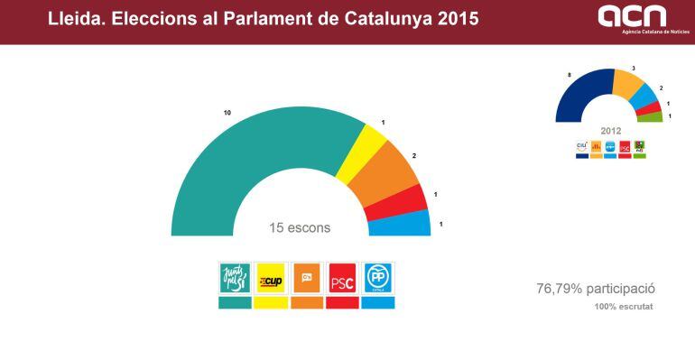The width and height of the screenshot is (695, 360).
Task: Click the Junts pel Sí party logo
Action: tap(235, 278)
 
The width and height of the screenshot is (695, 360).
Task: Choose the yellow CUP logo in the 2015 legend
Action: tap(271, 278)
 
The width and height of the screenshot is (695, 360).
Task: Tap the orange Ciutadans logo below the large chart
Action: tap(307, 278)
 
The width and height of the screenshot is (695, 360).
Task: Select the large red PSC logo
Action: tap(342, 278)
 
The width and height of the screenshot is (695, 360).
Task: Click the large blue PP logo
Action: tap(377, 278)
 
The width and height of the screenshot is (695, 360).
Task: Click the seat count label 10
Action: tap(228, 113)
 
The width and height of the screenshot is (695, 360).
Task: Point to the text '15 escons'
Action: tap(300, 228)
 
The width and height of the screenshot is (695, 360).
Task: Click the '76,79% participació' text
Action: tap(595, 289)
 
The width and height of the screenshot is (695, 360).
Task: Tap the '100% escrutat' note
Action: tap(624, 308)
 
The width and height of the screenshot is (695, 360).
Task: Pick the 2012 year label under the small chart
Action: tap(609, 131)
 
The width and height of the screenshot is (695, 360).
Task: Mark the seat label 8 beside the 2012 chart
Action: tap(569, 74)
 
